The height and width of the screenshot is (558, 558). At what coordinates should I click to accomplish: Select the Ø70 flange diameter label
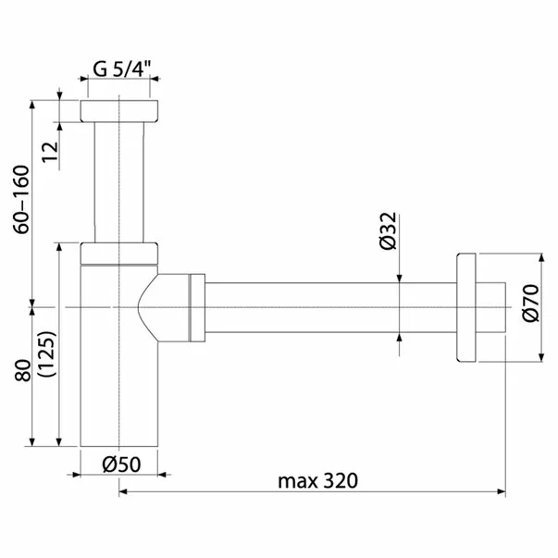pos(530,304)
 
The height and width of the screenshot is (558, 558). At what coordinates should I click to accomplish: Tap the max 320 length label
pos(317,480)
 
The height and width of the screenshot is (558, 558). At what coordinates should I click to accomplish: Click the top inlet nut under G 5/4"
pos(120,111)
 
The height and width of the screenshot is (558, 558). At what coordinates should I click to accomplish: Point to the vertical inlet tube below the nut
pos(120,180)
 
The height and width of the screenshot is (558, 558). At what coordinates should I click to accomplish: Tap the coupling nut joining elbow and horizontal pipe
pos(196,306)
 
